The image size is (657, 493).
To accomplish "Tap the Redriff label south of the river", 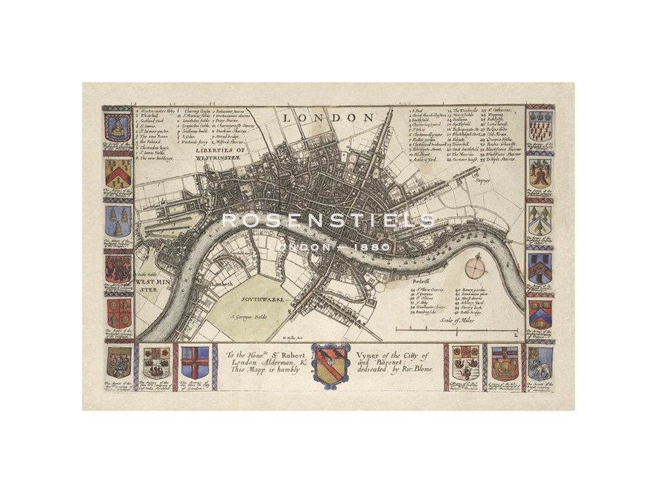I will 421,280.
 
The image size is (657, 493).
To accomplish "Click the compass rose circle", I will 475,267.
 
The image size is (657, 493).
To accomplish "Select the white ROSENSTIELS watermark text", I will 328,220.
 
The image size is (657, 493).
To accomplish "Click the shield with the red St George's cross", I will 194,362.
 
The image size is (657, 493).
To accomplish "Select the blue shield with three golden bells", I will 118,220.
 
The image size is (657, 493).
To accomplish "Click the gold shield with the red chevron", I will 118,172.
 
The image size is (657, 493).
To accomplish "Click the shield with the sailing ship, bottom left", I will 157,362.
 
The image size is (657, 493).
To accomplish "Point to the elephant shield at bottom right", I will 541,362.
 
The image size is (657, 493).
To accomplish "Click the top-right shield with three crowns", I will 540,126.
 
